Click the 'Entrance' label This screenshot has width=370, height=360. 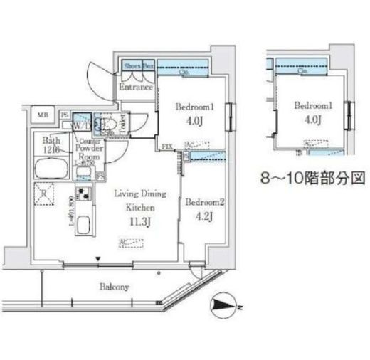135,88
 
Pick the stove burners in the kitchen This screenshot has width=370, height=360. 84,195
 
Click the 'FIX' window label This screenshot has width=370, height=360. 168,147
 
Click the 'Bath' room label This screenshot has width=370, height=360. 49,140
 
